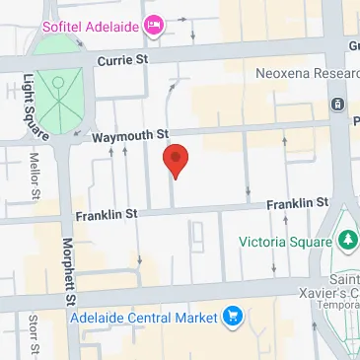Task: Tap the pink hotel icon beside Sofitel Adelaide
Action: [153, 26]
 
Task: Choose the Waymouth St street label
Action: [132, 134]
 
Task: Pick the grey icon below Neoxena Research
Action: [337, 104]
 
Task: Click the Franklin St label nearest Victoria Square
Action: [297, 203]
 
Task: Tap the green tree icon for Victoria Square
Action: [346, 240]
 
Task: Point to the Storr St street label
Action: [34, 336]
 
